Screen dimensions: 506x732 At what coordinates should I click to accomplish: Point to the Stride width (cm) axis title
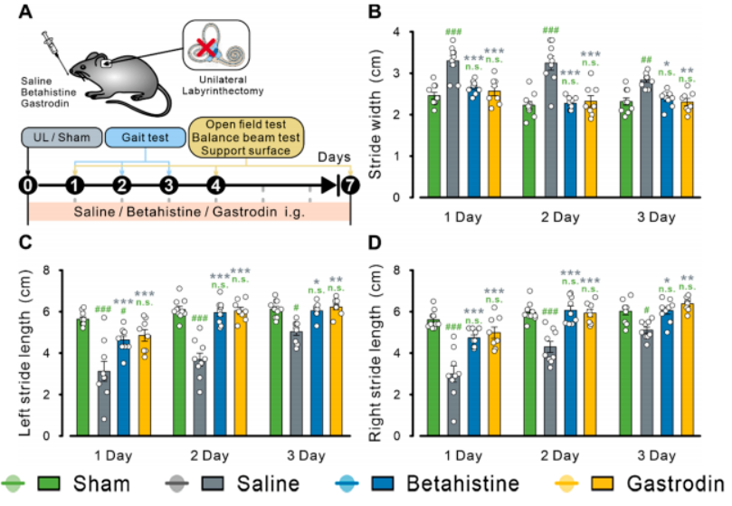[x=378, y=115]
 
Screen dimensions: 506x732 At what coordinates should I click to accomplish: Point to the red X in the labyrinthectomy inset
[x=208, y=48]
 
